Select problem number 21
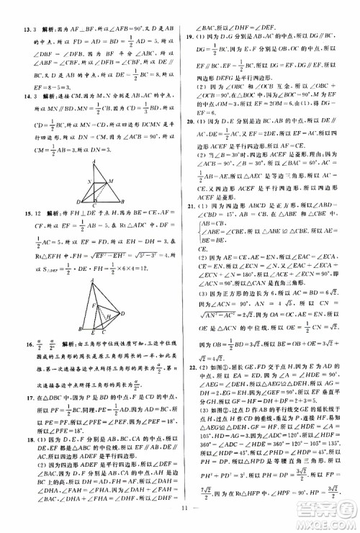point(189,206)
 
